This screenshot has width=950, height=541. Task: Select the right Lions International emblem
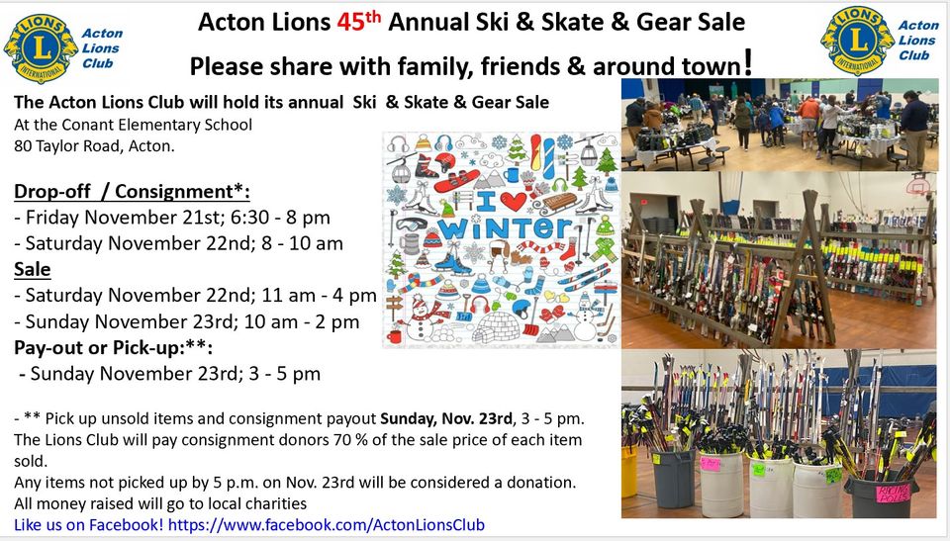[x=856, y=41]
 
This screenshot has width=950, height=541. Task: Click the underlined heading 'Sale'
[x=33, y=268]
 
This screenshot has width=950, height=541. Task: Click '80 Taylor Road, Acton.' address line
[x=94, y=145]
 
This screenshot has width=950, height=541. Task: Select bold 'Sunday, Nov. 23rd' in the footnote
[x=444, y=417]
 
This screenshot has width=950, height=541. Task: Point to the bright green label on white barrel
[x=759, y=469]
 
